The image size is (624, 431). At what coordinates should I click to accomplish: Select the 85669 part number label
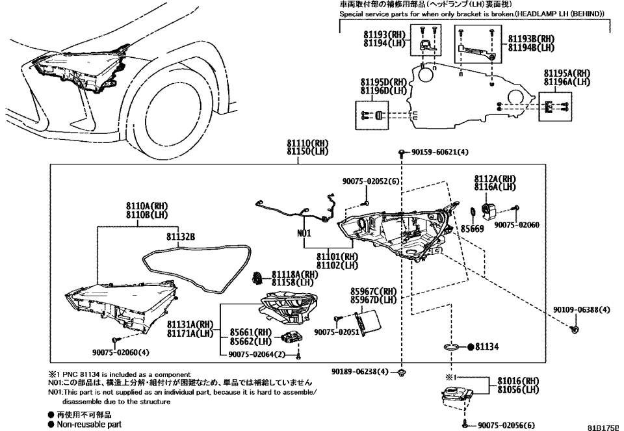[471, 229]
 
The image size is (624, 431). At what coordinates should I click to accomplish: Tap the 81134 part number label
[487, 347]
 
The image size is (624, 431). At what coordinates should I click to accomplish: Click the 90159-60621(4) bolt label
[439, 152]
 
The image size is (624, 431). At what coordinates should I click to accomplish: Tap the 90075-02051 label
[337, 332]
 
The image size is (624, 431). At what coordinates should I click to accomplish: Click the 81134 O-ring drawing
[454, 347]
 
